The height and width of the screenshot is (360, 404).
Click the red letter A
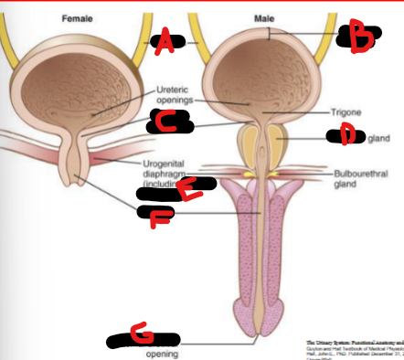pos(165,40)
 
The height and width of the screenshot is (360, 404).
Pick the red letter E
pos(187,192)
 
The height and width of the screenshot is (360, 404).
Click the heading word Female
pos(77,18)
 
